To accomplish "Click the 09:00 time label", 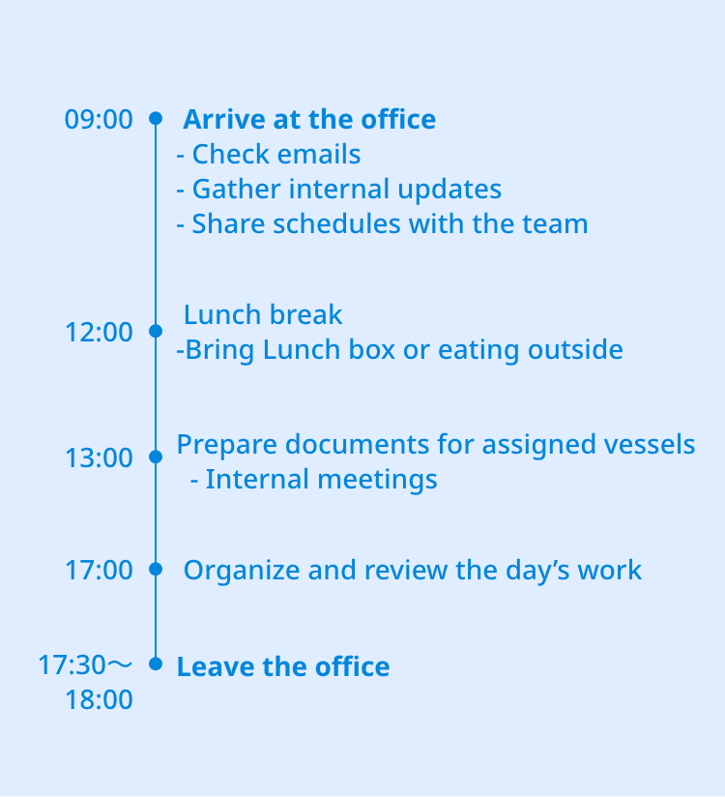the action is tap(99, 119).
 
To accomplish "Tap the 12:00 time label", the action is tap(99, 332).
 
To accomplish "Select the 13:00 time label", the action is tap(99, 458).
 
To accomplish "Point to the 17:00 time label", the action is tap(99, 570).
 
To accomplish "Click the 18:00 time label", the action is tap(99, 699).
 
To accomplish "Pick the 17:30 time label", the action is tap(72, 664).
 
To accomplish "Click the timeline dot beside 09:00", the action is tap(156, 118).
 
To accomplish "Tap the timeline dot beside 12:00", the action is tap(156, 331).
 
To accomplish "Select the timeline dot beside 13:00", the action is tap(156, 457).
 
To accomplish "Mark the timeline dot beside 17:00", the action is tap(156, 569).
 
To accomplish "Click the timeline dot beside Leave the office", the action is tap(156, 664).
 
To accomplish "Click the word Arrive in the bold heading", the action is tap(224, 119).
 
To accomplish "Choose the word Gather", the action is tap(237, 189).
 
